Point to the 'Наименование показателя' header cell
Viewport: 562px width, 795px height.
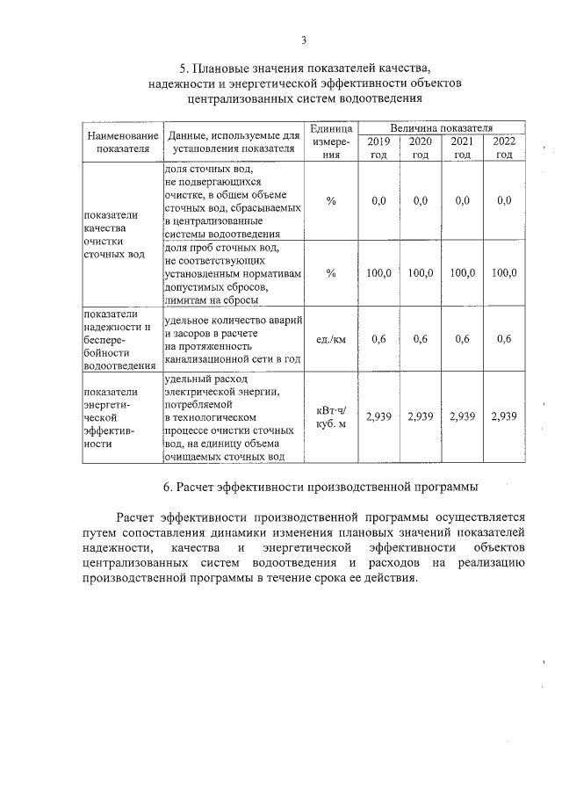122,142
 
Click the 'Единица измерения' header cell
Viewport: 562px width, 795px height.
331,142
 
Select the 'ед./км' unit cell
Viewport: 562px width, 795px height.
331,339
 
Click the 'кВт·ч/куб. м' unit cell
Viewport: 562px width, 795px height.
331,417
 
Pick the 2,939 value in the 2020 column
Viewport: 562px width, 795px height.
421,416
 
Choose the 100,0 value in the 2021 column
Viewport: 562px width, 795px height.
462,273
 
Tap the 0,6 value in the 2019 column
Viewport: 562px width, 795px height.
378,339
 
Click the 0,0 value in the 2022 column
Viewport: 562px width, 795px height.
504,201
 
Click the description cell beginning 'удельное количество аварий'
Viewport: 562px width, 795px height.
233,338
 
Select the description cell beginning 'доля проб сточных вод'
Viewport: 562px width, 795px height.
233,273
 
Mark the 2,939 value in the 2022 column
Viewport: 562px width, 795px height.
504,416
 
